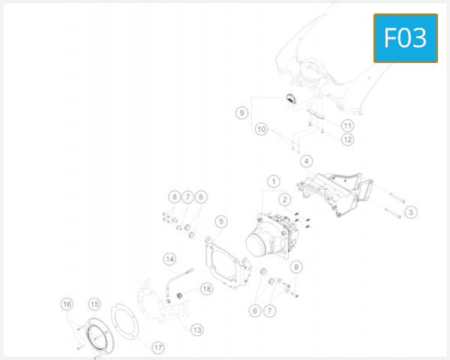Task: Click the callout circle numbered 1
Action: click(274, 181)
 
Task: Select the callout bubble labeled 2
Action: click(285, 199)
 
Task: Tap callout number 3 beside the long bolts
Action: click(411, 212)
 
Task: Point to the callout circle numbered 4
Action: click(306, 160)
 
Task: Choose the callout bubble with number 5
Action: click(220, 221)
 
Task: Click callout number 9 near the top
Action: click(241, 112)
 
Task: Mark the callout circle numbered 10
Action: click(261, 129)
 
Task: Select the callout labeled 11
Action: click(347, 125)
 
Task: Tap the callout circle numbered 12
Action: click(347, 139)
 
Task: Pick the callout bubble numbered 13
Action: click(197, 329)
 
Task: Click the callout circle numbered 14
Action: click(170, 259)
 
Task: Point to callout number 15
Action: click(94, 304)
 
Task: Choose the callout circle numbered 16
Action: click(67, 304)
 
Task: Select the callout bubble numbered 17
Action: click(158, 347)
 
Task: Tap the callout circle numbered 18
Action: click(206, 288)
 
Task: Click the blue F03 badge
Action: click(405, 37)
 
